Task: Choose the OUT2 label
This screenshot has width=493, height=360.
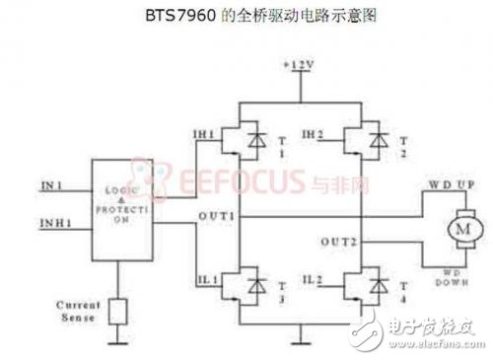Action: (x=337, y=241)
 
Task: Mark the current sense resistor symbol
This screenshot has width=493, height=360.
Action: (x=120, y=312)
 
